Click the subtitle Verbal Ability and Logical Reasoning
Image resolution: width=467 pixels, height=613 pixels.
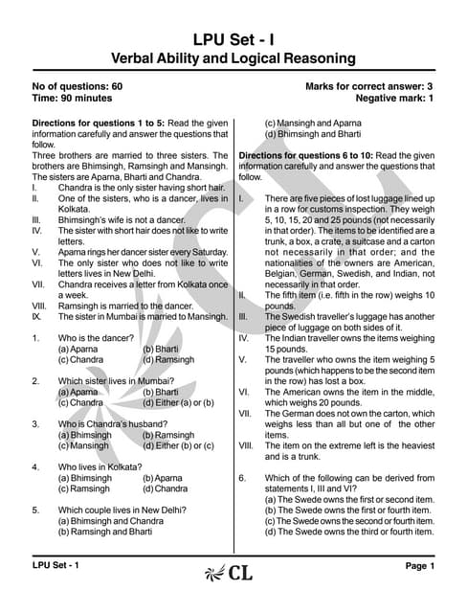pos(233,58)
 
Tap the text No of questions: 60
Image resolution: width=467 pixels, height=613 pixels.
pos(78,87)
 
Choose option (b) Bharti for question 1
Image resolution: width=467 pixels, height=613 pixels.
pos(161,350)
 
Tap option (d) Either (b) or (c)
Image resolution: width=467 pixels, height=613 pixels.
pos(178,446)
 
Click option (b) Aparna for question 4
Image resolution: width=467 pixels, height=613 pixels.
pos(163,478)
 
